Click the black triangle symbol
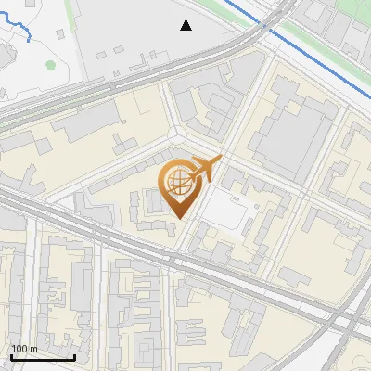coord(185,25)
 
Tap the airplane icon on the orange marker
coord(208,170)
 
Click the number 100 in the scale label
coord(19,349)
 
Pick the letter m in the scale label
coord(33,349)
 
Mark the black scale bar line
coord(43,357)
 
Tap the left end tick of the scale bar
coord(11,355)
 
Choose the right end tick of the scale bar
coord(75,355)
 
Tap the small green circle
coord(50,65)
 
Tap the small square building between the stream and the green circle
coord(59,34)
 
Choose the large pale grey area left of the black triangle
coord(121,37)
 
